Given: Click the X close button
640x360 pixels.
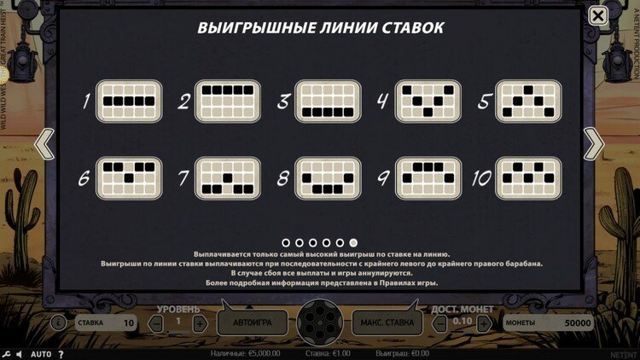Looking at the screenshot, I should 599,15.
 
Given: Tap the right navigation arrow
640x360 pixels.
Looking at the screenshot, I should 594,144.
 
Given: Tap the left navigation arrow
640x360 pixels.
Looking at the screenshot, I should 44,144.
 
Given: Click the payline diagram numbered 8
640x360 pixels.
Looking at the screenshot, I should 329,178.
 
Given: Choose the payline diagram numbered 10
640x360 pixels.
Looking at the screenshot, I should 528,178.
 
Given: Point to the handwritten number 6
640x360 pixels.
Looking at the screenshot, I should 84,179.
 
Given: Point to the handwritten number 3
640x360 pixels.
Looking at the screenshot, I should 283,102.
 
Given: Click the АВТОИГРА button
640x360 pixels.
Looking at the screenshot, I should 252,323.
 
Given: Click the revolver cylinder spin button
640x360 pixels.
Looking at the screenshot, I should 320,323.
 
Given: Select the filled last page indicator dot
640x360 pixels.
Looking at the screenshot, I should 353,242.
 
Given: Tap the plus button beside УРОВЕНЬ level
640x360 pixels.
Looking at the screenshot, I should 199,323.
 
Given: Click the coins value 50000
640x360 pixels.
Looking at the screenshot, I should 577,323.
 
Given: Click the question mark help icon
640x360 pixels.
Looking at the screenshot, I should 61,353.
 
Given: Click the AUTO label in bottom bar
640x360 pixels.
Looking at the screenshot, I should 41,353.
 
